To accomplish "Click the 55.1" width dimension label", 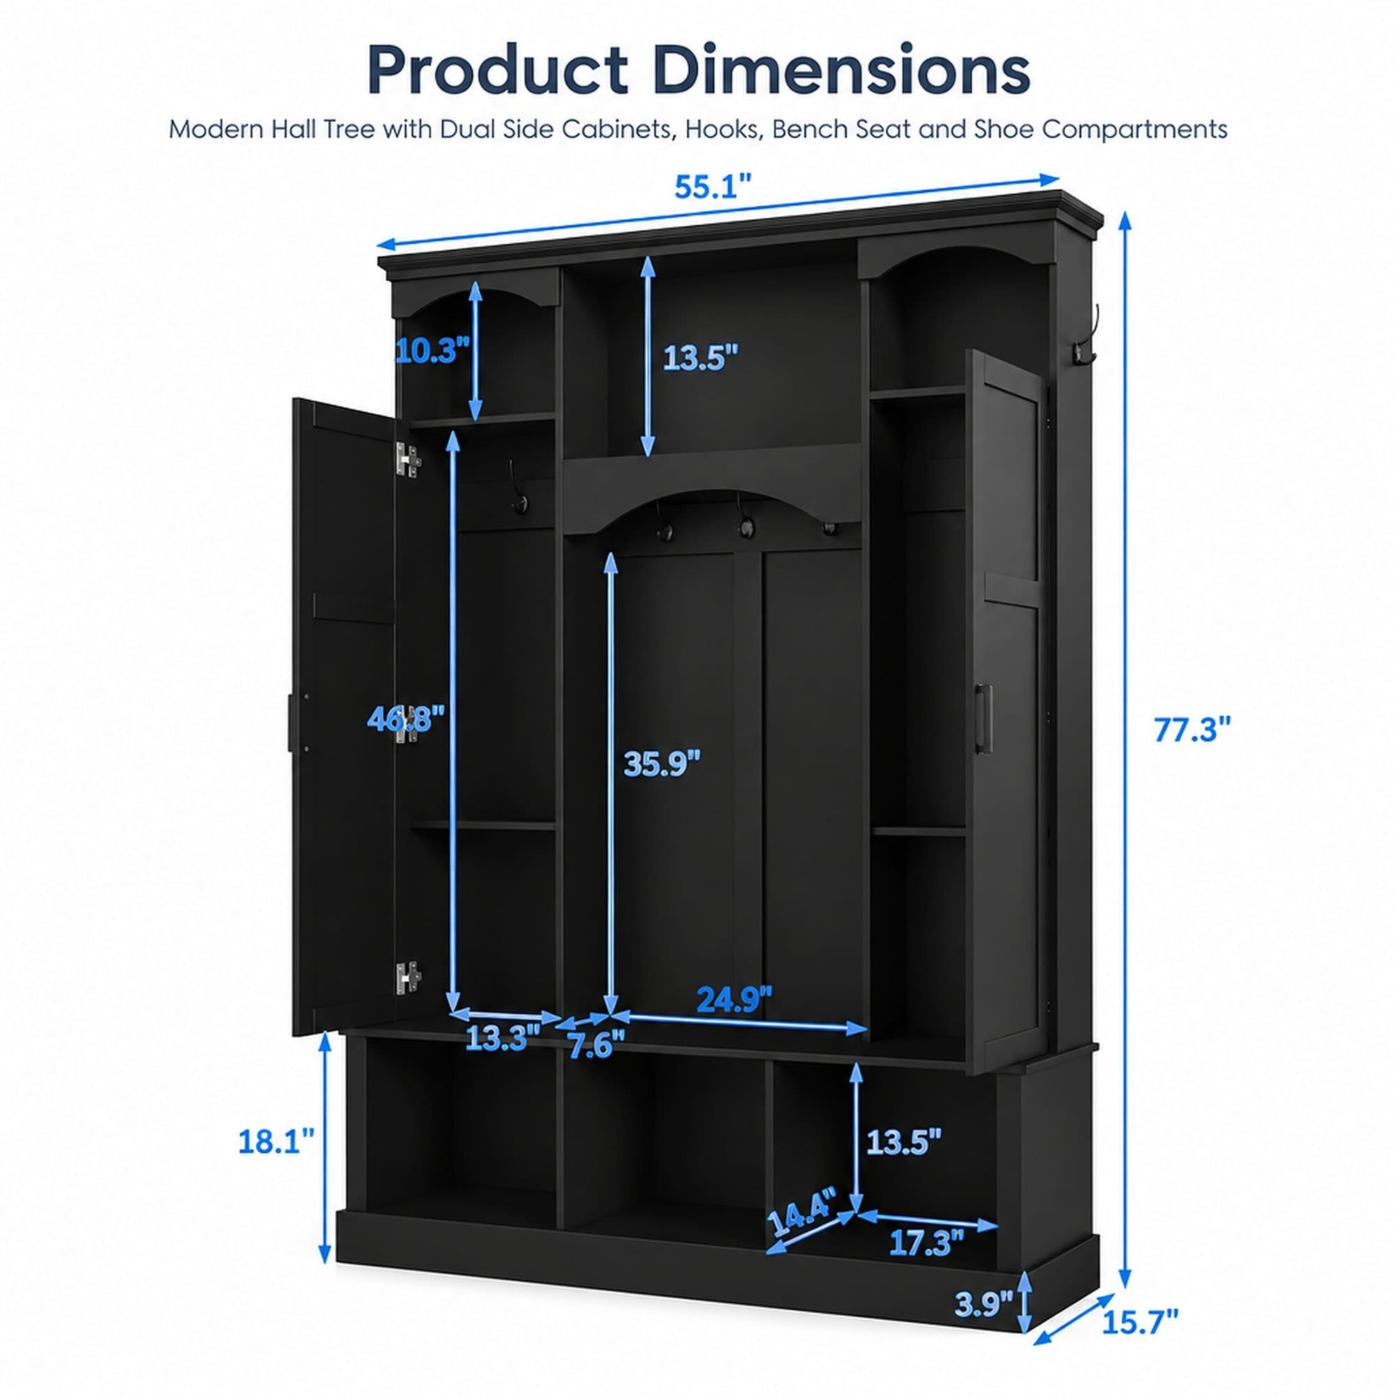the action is click(x=713, y=187).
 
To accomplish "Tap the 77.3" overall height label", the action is click(x=1191, y=730).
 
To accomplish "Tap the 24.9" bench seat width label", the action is click(x=734, y=1000).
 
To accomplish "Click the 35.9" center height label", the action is click(x=662, y=763).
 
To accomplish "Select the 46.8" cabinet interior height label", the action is click(x=405, y=718).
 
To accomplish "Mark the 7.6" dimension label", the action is click(x=596, y=1046).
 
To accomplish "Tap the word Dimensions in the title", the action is click(x=841, y=70).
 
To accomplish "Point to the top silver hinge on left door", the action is click(x=408, y=460).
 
